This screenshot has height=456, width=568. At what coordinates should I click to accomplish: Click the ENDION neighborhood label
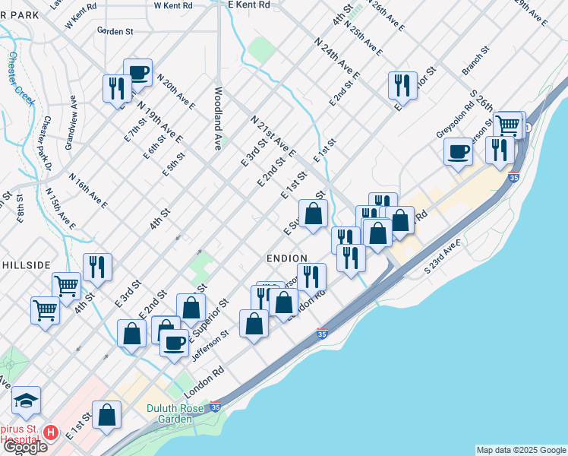coord(286,258)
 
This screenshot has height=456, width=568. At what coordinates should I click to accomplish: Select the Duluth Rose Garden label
coord(181,413)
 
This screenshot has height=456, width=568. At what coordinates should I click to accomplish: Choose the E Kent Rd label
coord(249,5)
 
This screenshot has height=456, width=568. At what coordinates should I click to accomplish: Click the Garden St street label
coord(115,32)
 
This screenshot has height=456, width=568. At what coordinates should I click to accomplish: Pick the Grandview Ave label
coord(71,122)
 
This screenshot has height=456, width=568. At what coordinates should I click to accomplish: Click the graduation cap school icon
coord(26,399)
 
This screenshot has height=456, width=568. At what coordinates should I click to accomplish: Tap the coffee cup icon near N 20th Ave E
coord(137,71)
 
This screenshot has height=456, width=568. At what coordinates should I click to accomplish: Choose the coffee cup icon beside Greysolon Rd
coord(459,150)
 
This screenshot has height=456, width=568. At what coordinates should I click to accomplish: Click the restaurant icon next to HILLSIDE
coord(97,265)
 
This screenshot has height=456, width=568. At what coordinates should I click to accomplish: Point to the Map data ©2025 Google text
coord(521,450)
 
